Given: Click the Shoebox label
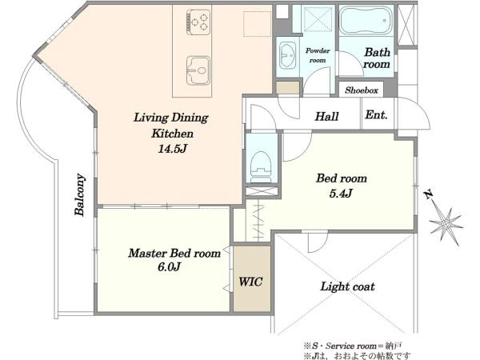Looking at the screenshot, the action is pos(362,90).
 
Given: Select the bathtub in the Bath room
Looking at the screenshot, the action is pos(366,21).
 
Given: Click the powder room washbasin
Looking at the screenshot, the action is pos(287,55).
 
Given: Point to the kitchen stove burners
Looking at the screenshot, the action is pos(198,22).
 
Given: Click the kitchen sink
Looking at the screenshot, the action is pos(198,70).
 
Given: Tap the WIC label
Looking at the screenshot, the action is pos(250,282).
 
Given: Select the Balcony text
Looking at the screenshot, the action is pos(79,194).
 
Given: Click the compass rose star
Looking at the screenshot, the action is pos(446,224).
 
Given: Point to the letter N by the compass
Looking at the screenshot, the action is pos(428,194).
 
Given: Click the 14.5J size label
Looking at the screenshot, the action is pos(172,149).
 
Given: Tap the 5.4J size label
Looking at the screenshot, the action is pos(341,193).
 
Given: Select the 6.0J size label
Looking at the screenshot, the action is pos(169,267).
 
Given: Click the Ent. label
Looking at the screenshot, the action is pos(376,114).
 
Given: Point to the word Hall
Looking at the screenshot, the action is pos(326,116).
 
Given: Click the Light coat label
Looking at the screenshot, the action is pos(347,286).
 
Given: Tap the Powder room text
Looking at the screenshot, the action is pos(318,55).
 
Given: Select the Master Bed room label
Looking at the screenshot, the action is pos(174,253).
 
